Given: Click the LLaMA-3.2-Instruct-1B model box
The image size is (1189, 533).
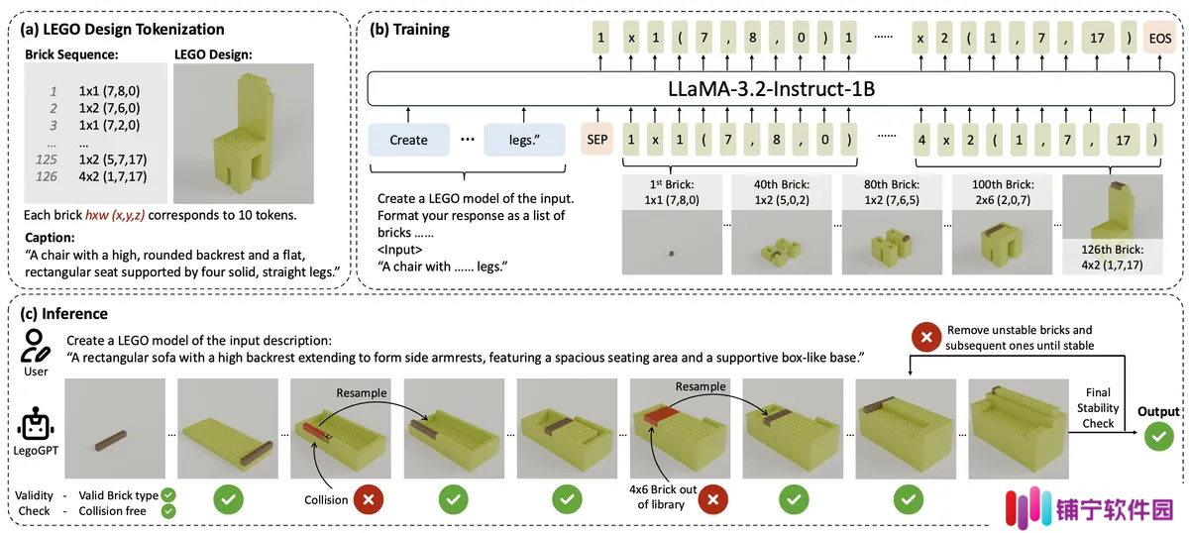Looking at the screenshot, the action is pyautogui.click(x=771, y=88).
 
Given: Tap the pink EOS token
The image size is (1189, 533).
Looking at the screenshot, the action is pyautogui.click(x=1160, y=38).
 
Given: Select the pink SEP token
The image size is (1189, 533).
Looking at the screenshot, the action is pyautogui.click(x=597, y=139).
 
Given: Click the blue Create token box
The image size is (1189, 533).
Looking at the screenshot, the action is pyautogui.click(x=408, y=140).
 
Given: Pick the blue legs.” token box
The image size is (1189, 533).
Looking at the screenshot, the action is pyautogui.click(x=524, y=140).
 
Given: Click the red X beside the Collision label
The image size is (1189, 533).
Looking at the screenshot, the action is pyautogui.click(x=368, y=499).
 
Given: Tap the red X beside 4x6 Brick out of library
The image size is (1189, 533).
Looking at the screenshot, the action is pyautogui.click(x=712, y=499).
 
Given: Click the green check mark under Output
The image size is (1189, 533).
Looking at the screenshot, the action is pyautogui.click(x=1158, y=436).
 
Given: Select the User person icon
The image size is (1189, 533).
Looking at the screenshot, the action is pyautogui.click(x=35, y=346).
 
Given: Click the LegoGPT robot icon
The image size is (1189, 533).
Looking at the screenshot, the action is pyautogui.click(x=36, y=424).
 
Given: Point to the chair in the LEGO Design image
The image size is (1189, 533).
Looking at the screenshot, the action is pyautogui.click(x=244, y=135).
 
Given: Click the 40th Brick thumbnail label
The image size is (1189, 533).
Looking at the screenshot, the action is pyautogui.click(x=782, y=191).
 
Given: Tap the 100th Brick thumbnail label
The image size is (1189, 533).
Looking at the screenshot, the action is pyautogui.click(x=1003, y=191).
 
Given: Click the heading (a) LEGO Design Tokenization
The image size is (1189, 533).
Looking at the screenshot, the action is pyautogui.click(x=122, y=29).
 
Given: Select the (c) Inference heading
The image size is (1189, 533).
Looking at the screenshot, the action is pyautogui.click(x=63, y=314).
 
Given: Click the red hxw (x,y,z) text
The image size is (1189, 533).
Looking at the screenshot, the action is pyautogui.click(x=115, y=215).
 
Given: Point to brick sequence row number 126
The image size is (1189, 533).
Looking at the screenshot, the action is pyautogui.click(x=47, y=176).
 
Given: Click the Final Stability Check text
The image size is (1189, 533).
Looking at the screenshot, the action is pyautogui.click(x=1098, y=408).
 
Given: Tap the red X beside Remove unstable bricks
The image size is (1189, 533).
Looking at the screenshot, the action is pyautogui.click(x=926, y=337).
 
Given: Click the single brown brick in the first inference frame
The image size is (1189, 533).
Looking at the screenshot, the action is pyautogui.click(x=110, y=441).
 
